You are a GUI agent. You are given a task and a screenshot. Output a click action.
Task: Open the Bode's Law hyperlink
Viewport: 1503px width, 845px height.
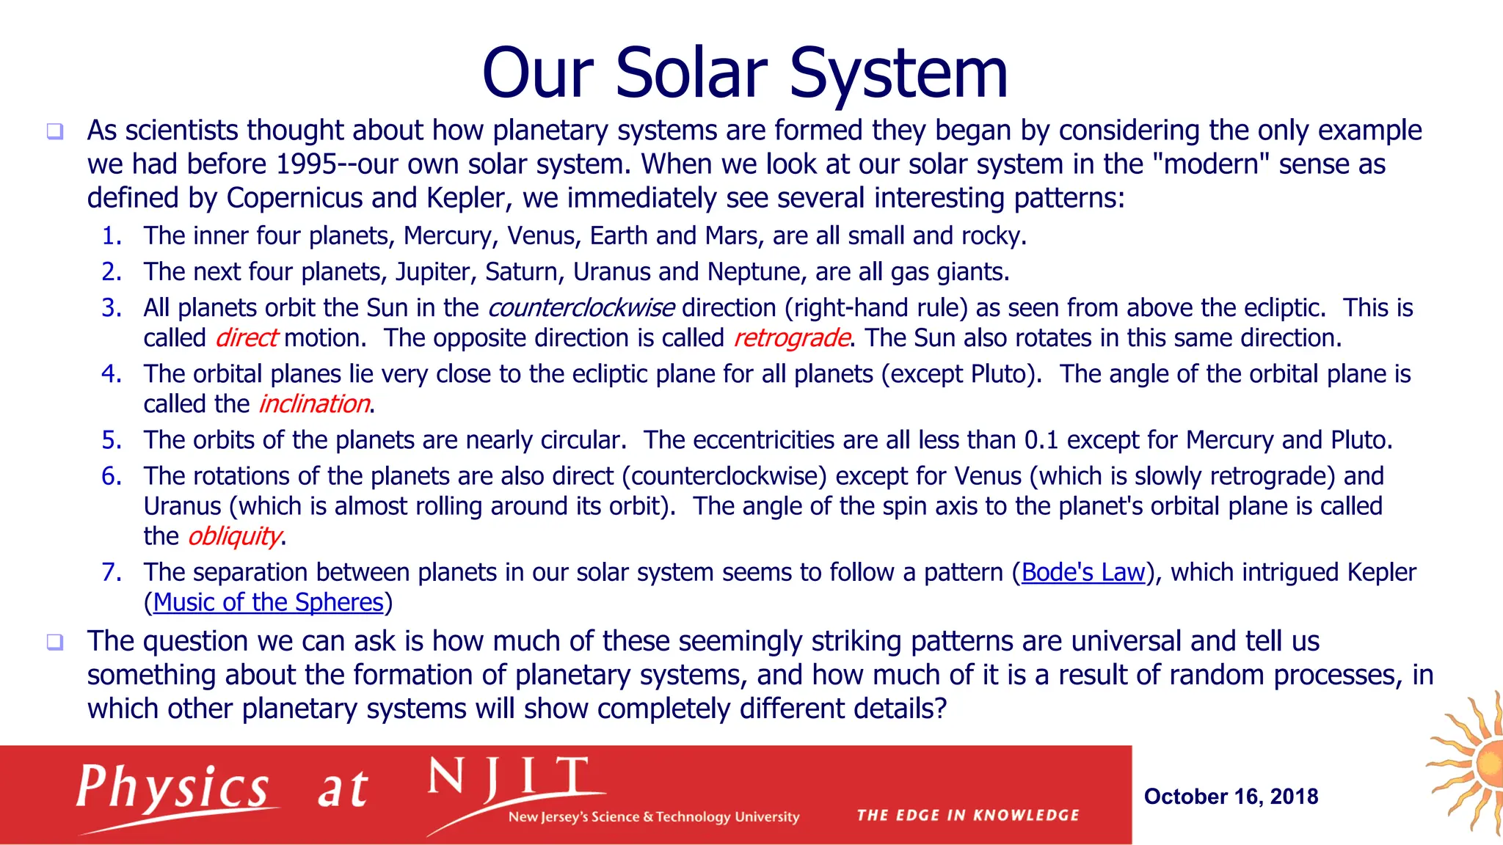1082,572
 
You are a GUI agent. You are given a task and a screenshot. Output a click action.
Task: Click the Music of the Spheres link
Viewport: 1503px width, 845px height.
269,602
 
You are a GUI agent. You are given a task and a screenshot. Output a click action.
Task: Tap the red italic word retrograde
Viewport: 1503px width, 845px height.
791,338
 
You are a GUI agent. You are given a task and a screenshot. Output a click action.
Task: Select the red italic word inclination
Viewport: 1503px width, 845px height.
314,404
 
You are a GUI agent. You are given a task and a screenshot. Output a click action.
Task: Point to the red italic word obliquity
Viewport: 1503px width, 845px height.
234,536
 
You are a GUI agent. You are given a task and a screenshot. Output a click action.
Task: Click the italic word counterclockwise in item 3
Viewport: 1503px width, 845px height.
581,308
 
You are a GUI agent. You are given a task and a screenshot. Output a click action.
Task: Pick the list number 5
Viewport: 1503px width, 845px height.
112,440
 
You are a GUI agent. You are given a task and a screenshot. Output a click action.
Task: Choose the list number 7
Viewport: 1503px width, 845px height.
112,572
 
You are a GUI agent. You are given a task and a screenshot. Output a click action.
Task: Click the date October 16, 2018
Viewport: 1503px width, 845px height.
1231,797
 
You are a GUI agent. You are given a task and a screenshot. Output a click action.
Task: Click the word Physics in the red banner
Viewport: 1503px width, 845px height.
173,788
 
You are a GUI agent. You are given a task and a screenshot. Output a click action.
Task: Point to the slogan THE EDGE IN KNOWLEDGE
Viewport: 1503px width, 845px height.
967,816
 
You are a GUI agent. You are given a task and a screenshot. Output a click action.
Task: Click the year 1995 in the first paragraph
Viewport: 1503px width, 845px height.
306,164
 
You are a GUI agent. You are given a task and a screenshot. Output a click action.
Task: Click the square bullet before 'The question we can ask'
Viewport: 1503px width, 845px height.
55,643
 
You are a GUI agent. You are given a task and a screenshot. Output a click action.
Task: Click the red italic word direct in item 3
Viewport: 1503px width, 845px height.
246,338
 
